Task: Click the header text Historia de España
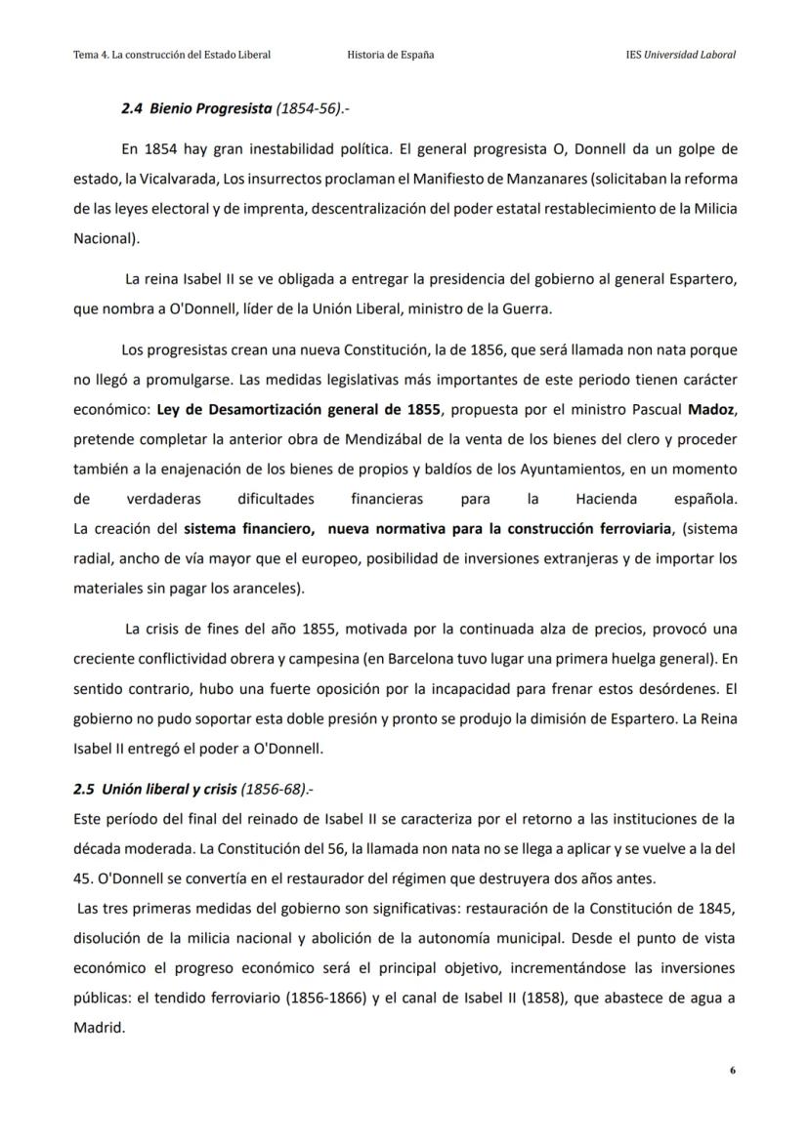[391, 55]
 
